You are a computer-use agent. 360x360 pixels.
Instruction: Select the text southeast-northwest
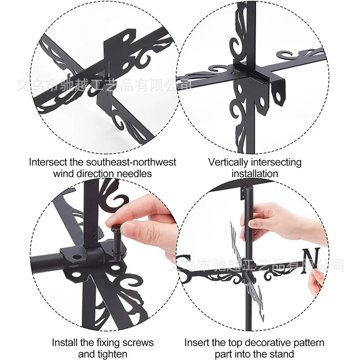129,162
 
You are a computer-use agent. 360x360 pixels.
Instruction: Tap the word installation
255,173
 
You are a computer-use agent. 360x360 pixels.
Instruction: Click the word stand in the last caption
283,354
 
